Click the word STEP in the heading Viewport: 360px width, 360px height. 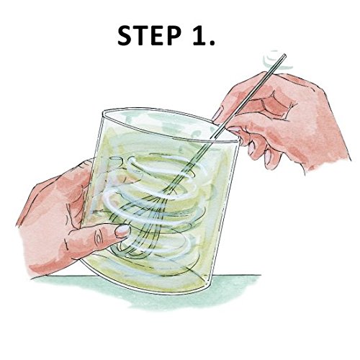149,36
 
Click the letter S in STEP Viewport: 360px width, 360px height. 125,36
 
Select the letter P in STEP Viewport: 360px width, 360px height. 173,36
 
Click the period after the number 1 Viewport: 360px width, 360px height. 212,42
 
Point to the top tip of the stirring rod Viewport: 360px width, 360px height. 285,55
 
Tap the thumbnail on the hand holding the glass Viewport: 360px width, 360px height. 122,231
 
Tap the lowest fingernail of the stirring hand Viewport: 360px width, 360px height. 267,158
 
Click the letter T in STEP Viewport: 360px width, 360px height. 142,36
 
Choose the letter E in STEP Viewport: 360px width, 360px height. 157,36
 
